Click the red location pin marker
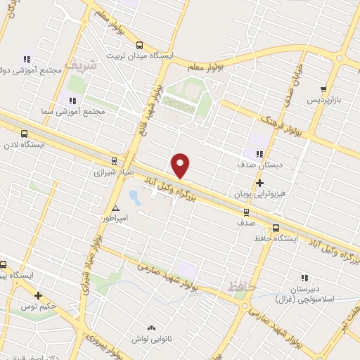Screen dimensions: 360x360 click(181, 165)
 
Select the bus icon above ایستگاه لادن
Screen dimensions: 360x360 click(25, 133)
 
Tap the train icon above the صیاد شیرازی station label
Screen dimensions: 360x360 click(115, 161)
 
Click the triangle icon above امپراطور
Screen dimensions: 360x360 click(116, 208)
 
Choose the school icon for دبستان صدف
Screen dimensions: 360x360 click(259, 155)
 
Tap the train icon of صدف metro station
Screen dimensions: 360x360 click(246, 212)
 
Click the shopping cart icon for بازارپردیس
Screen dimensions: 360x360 click(323, 89)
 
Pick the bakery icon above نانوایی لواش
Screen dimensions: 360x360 click(151, 328)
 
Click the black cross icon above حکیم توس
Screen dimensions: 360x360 click(39, 296)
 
